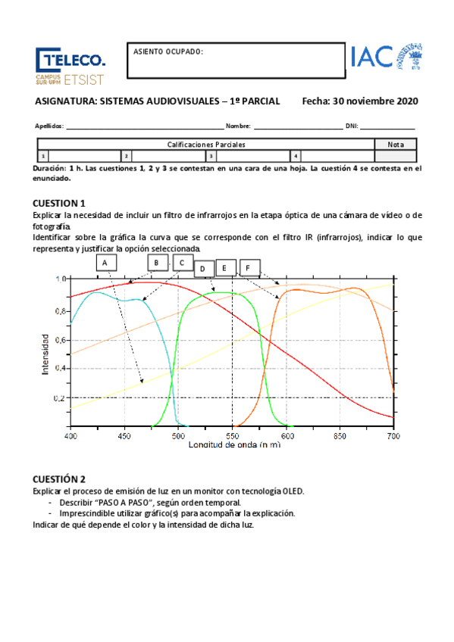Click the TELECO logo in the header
tap(70, 65)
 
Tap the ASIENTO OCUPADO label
tap(168, 52)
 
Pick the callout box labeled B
tap(156, 263)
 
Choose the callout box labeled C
tap(183, 263)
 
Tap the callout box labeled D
tap(204, 268)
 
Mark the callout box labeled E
tap(226, 268)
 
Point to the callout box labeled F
tap(249, 268)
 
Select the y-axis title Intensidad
tap(46, 353)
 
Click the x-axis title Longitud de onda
tap(232, 445)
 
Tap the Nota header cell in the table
tap(395, 144)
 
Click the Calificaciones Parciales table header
tap(205, 144)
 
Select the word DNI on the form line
tap(351, 126)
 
